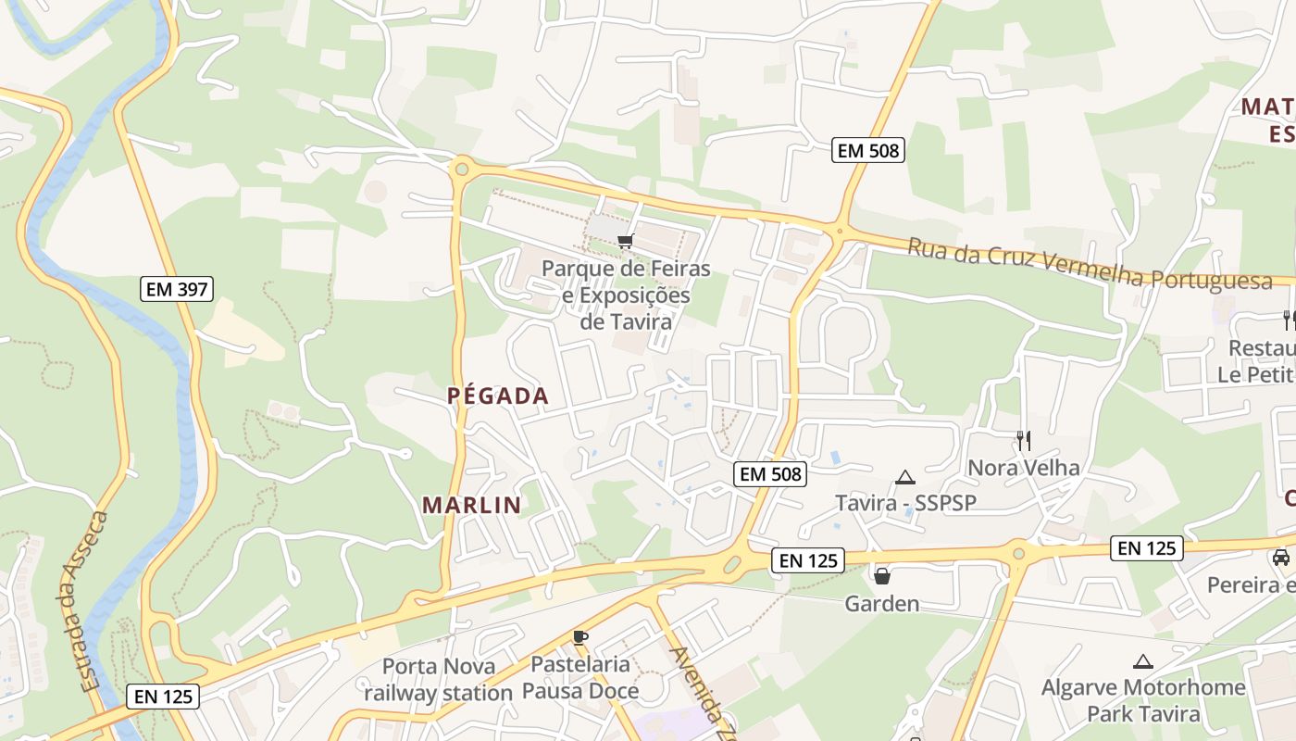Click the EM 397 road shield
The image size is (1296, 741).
pyautogui.click(x=178, y=289)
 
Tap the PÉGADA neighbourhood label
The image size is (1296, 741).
pyautogui.click(x=498, y=396)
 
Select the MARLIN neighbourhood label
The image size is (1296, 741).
pyautogui.click(x=472, y=506)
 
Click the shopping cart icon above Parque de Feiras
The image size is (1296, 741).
pyautogui.click(x=625, y=242)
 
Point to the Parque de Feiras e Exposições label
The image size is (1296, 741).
pyautogui.click(x=626, y=295)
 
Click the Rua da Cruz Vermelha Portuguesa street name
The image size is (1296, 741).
pyautogui.click(x=1090, y=265)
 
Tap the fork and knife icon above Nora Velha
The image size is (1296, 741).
pyautogui.click(x=1023, y=440)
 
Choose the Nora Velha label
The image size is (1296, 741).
pyautogui.click(x=1023, y=468)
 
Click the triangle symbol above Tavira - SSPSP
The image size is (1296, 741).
pyautogui.click(x=905, y=478)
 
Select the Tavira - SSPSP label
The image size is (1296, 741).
pyautogui.click(x=905, y=503)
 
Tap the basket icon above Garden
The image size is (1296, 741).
pyautogui.click(x=882, y=576)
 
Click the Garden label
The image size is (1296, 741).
pyautogui.click(x=882, y=604)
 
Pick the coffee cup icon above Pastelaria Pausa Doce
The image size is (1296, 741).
pyautogui.click(x=580, y=637)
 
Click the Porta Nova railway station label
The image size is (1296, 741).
pyautogui.click(x=439, y=679)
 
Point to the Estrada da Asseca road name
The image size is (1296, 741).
pyautogui.click(x=93, y=602)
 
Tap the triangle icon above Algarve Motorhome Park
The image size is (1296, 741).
pyautogui.click(x=1143, y=661)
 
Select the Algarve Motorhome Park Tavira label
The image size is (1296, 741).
pyautogui.click(x=1143, y=700)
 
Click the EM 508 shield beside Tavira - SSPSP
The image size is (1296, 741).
pyautogui.click(x=771, y=474)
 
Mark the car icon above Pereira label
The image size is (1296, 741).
pyautogui.click(x=1281, y=558)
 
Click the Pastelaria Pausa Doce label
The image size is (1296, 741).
pyautogui.click(x=580, y=677)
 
